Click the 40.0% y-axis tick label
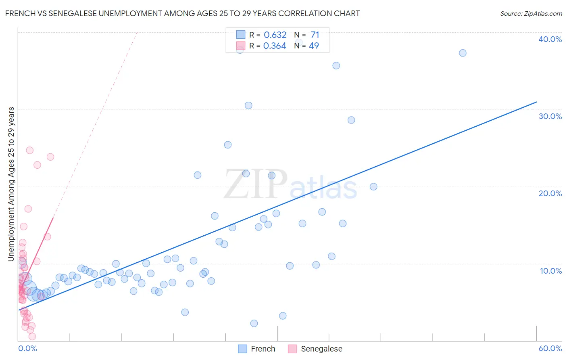click(550, 39)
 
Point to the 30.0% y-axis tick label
click(550, 116)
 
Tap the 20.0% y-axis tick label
click(550, 193)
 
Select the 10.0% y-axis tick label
click(550, 271)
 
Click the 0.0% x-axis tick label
click(27, 348)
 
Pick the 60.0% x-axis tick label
click(550, 348)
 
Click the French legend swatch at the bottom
click(242, 349)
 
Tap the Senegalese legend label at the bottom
click(321, 349)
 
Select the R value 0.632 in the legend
click(275, 35)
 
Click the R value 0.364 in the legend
click(275, 46)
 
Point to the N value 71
click(315, 35)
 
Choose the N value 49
click(314, 46)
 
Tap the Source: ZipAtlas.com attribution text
click(531, 13)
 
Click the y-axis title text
click(11, 184)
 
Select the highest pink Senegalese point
click(29, 150)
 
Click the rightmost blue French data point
click(463, 53)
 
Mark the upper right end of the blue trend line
click(536, 102)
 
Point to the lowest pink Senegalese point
click(32, 336)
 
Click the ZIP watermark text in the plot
click(256, 185)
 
